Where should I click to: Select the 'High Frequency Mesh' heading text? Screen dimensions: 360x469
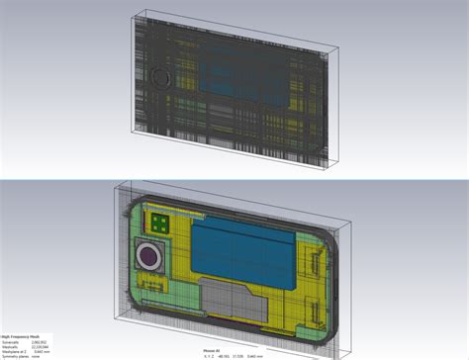point(21,335)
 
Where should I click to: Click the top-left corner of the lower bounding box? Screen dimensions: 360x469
point(117,185)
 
